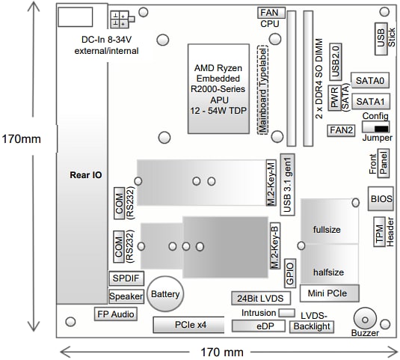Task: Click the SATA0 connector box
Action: [371, 80]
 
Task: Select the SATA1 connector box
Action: [371, 100]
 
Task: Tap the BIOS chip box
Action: [381, 198]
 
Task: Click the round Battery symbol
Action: [165, 293]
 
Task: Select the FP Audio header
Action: [114, 314]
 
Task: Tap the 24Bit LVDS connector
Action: [259, 297]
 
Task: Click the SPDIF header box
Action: [125, 278]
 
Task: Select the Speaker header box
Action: [125, 296]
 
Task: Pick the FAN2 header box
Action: [341, 129]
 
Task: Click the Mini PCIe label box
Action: [329, 290]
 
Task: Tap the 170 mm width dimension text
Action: [222, 350]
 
